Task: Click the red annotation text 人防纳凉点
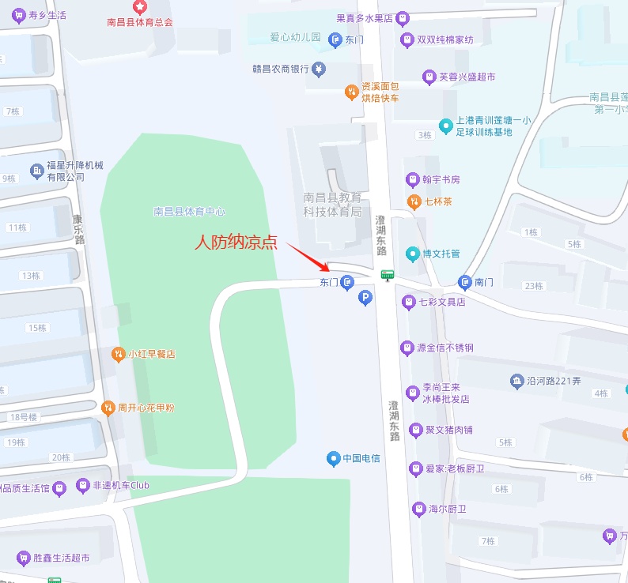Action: click(x=236, y=243)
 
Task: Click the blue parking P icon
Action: click(x=365, y=298)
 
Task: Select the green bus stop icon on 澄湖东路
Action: click(x=387, y=275)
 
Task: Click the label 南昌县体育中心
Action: click(x=189, y=212)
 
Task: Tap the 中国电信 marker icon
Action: click(x=333, y=458)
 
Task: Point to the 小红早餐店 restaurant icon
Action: click(x=118, y=354)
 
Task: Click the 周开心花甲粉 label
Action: click(x=146, y=408)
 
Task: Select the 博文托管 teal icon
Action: click(x=412, y=254)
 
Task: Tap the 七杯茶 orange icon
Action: click(x=412, y=201)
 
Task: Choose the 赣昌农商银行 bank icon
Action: click(x=319, y=70)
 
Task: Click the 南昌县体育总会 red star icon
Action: click(x=140, y=7)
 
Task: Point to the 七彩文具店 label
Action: click(x=442, y=302)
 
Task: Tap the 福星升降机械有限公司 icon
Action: click(x=36, y=171)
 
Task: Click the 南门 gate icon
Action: click(x=464, y=282)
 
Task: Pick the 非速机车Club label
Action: click(x=121, y=485)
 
